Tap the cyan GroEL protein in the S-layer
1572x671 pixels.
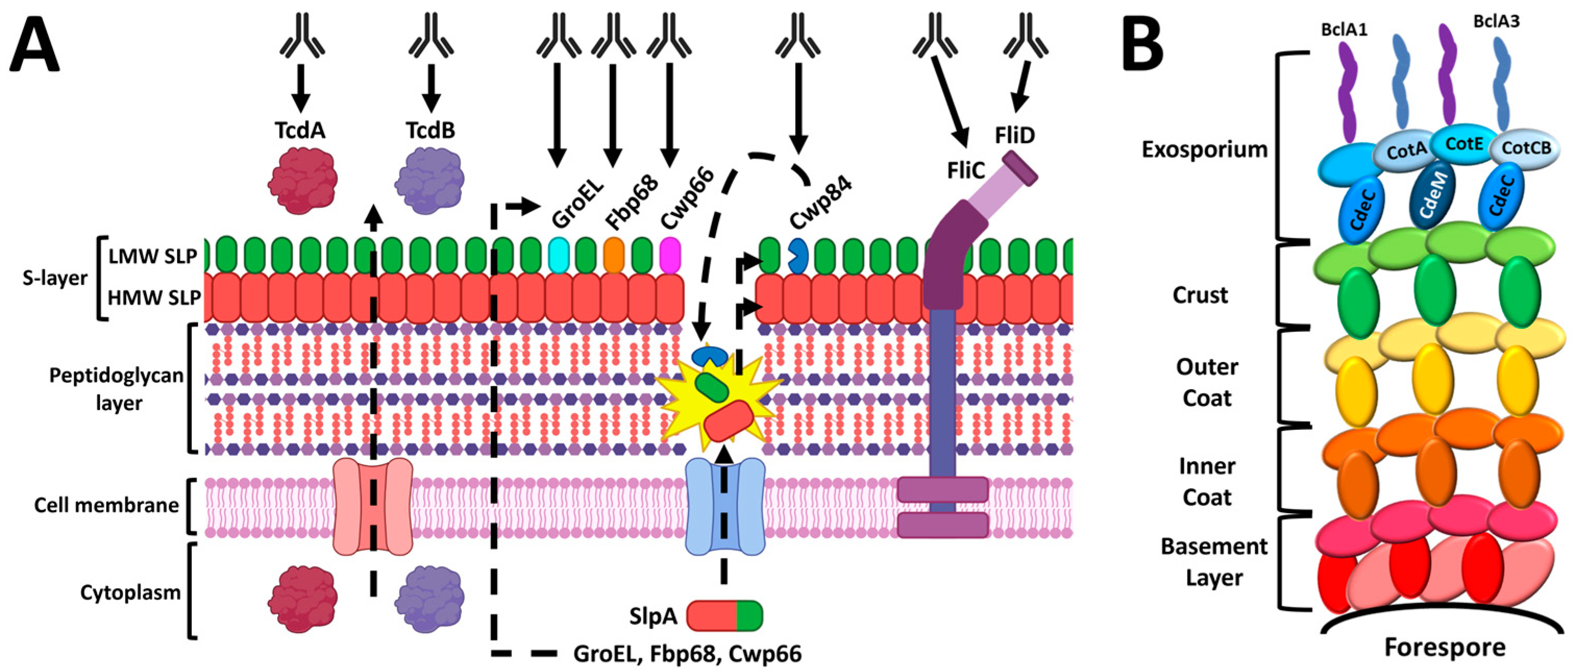(x=559, y=255)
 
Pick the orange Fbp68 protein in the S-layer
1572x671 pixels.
(x=614, y=255)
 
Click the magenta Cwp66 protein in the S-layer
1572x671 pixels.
(x=671, y=255)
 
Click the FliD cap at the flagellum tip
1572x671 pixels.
(x=1020, y=168)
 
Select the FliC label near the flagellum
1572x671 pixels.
(x=966, y=170)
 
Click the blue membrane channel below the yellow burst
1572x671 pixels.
(x=725, y=506)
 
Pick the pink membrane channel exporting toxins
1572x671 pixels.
(x=373, y=506)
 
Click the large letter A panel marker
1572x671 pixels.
(x=35, y=47)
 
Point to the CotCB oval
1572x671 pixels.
(x=1526, y=147)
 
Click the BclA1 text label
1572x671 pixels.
(x=1344, y=29)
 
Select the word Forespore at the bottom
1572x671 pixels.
(x=1444, y=647)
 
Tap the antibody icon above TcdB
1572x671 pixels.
(x=431, y=36)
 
